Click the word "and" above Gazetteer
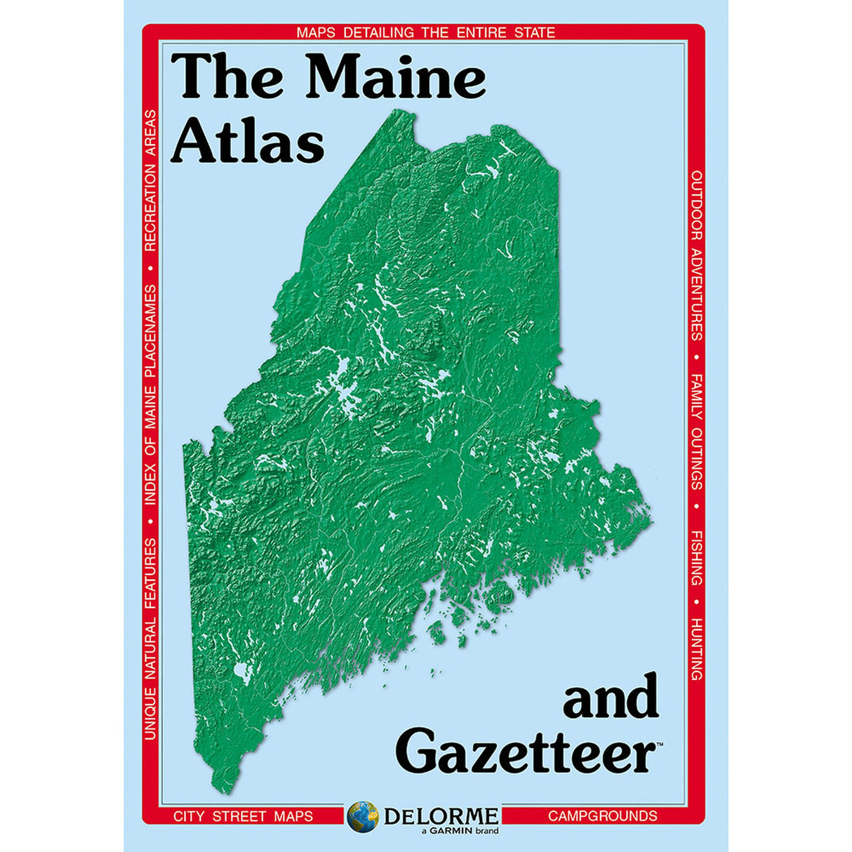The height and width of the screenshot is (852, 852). [x=611, y=697]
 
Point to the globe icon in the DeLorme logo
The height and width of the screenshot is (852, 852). [x=363, y=816]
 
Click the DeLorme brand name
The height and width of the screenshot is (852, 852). [x=441, y=816]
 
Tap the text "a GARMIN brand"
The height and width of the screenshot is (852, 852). [x=460, y=832]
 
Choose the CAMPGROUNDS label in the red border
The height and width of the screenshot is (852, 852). [x=602, y=816]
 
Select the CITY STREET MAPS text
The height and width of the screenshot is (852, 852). [x=243, y=816]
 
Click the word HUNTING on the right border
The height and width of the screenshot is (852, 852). [x=696, y=649]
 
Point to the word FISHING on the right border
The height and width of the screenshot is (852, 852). [x=696, y=558]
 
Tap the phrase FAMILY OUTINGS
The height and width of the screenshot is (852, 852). [x=696, y=432]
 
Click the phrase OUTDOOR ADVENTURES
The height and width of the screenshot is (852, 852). [x=696, y=255]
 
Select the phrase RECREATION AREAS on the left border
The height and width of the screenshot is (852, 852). [x=150, y=180]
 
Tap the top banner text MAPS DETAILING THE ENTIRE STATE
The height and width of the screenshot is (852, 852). [x=425, y=32]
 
